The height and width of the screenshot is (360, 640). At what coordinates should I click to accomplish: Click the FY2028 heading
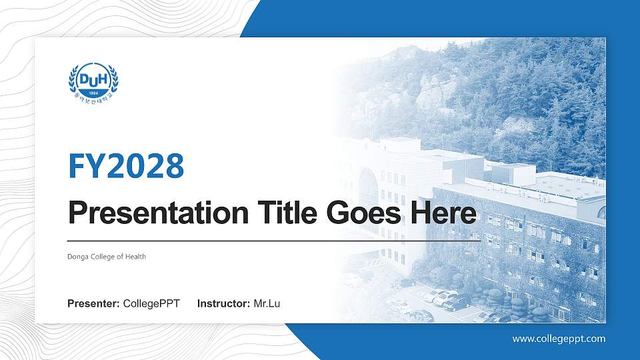[x=126, y=166]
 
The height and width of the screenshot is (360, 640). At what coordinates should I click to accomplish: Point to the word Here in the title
[x=444, y=214]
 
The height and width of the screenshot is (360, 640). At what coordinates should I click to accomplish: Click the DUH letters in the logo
[x=93, y=79]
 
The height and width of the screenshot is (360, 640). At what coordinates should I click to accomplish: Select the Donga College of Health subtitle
[x=107, y=257]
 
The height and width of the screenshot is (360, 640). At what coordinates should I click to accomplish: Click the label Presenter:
[x=93, y=304]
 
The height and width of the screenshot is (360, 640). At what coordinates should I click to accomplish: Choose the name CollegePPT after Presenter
[x=151, y=304]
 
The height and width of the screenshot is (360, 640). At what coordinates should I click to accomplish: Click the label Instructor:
[x=224, y=304]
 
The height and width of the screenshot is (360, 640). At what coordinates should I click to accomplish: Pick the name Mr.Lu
[x=267, y=304]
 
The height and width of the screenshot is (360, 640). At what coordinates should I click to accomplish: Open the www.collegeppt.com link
[x=559, y=339]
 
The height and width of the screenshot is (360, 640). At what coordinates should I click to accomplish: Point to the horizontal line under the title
[x=273, y=240]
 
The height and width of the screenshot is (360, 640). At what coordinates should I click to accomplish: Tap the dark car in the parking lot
[x=457, y=303]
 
